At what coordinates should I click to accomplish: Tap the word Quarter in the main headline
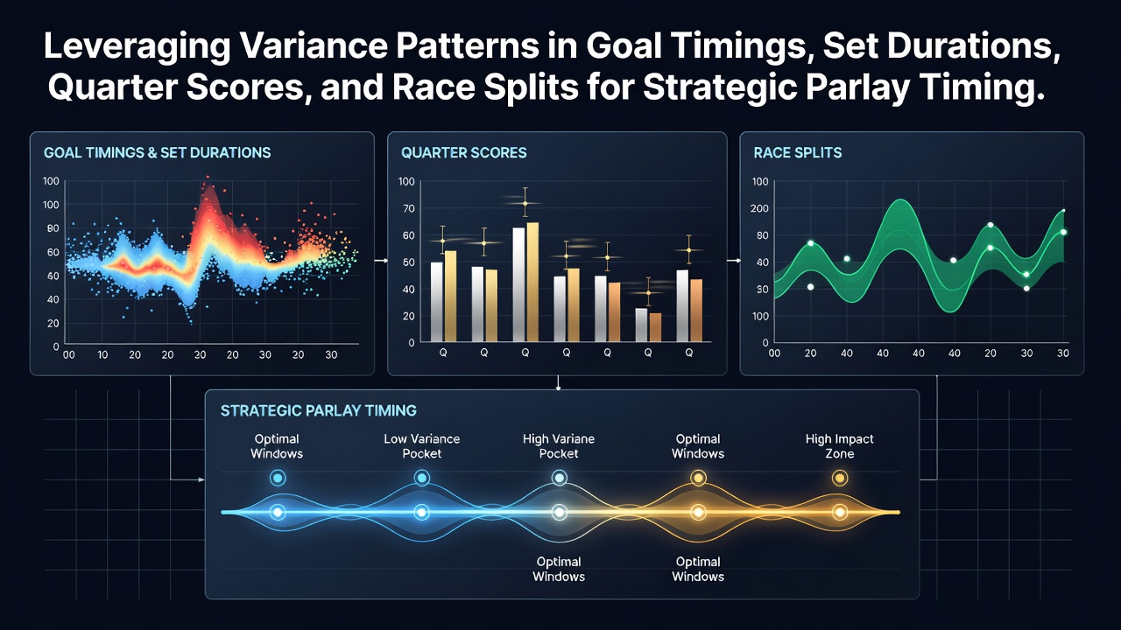click(x=110, y=87)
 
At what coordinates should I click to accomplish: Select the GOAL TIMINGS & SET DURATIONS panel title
click(x=157, y=152)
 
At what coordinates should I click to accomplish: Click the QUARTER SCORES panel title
click(x=463, y=152)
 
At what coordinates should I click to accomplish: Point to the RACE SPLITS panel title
click(x=798, y=152)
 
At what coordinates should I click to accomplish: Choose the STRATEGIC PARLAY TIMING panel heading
click(x=318, y=410)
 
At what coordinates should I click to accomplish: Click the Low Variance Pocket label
click(x=422, y=446)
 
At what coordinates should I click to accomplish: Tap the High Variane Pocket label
click(x=559, y=446)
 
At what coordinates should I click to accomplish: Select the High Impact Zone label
click(x=839, y=446)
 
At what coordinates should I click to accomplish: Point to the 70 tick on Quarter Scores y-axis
click(x=409, y=208)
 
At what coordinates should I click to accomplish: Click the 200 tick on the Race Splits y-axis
click(x=759, y=208)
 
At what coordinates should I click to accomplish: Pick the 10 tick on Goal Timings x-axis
click(x=102, y=355)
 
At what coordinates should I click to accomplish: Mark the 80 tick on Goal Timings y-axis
click(x=53, y=228)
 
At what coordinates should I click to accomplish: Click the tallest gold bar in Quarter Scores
click(x=532, y=282)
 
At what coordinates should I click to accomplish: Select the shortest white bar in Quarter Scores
click(x=641, y=325)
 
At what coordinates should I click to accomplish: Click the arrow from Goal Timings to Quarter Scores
click(x=381, y=261)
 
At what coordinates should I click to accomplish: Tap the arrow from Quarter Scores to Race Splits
click(x=734, y=261)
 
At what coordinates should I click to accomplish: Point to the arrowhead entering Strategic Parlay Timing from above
click(x=558, y=388)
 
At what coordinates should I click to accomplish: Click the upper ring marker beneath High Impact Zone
click(x=840, y=479)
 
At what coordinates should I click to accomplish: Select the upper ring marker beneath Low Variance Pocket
click(x=422, y=478)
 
